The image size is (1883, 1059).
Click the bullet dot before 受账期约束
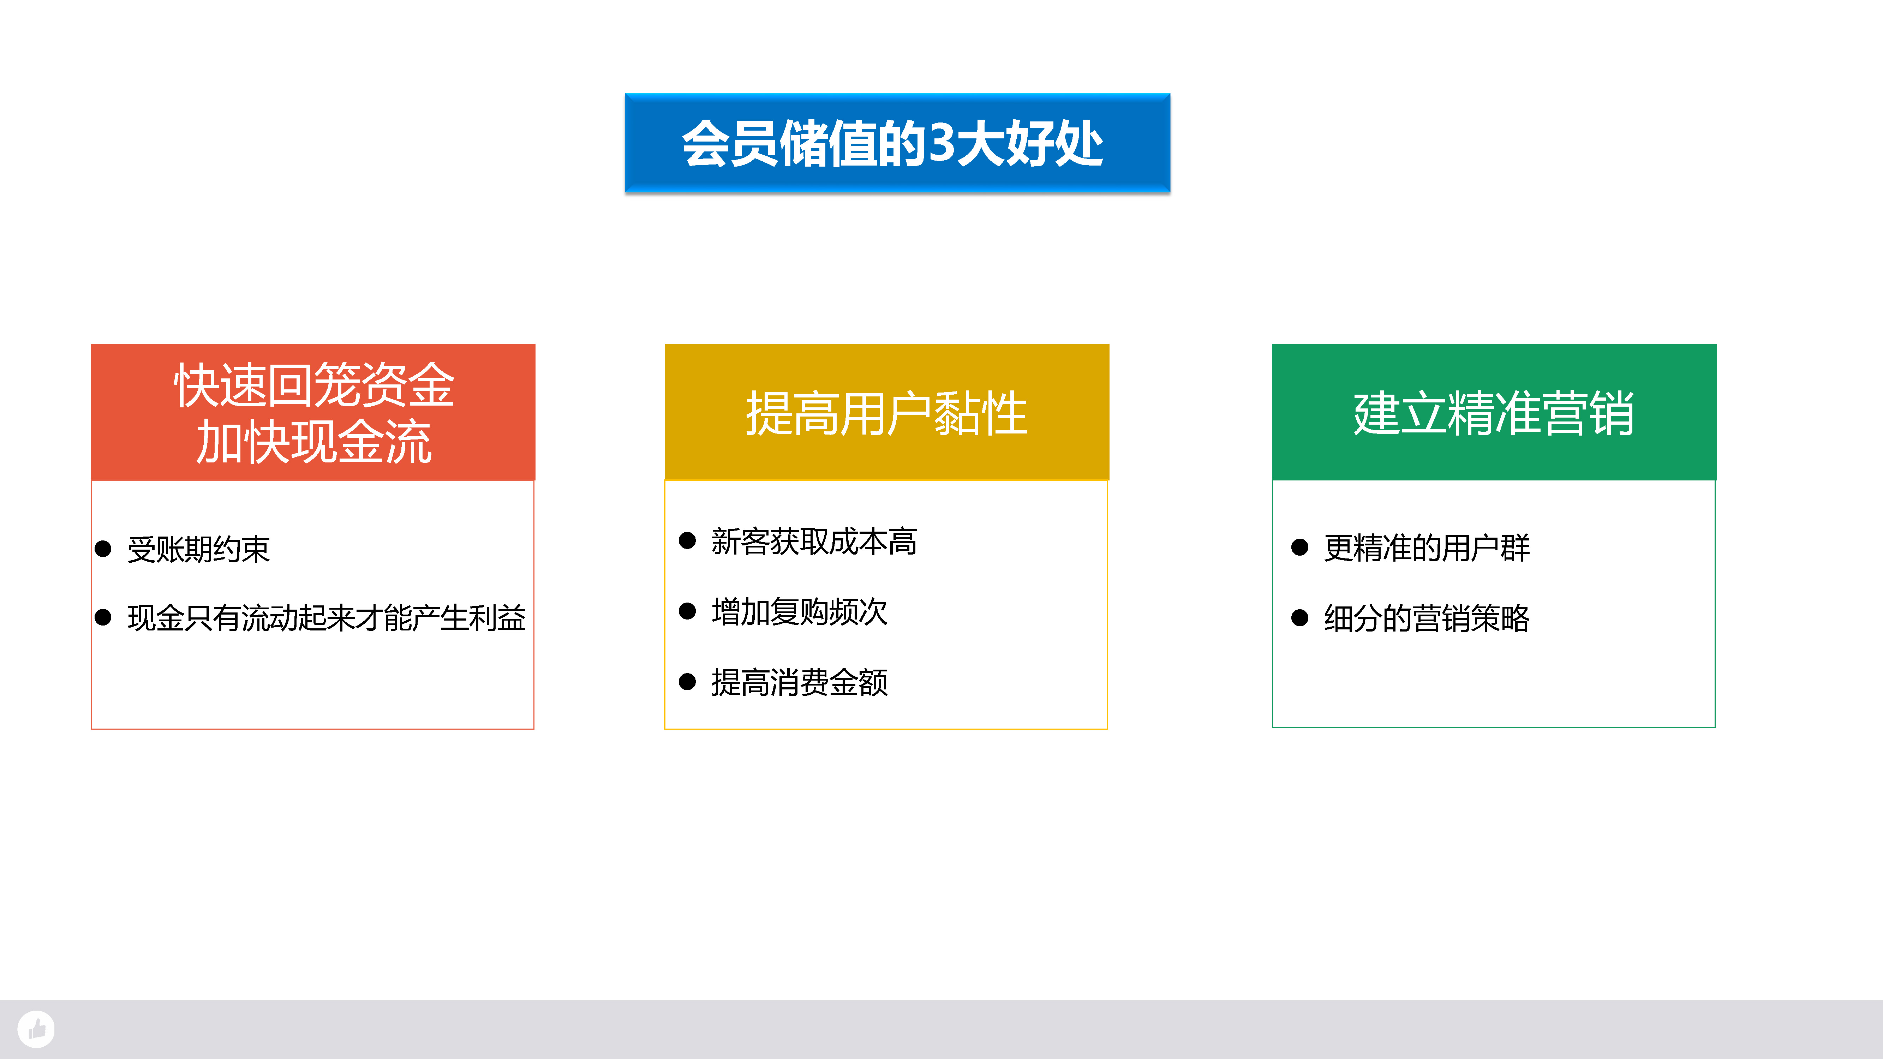pyautogui.click(x=103, y=549)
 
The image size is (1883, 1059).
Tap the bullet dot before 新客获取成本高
pyautogui.click(x=687, y=541)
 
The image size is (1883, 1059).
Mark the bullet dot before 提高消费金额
pyautogui.click(x=687, y=682)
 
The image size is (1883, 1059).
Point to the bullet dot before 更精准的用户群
pyautogui.click(x=1300, y=548)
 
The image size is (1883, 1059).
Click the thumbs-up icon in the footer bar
pyautogui.click(x=36, y=1029)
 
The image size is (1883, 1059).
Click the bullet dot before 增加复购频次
pyautogui.click(x=687, y=611)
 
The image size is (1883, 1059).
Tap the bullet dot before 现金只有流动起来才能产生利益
pyautogui.click(x=103, y=617)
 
